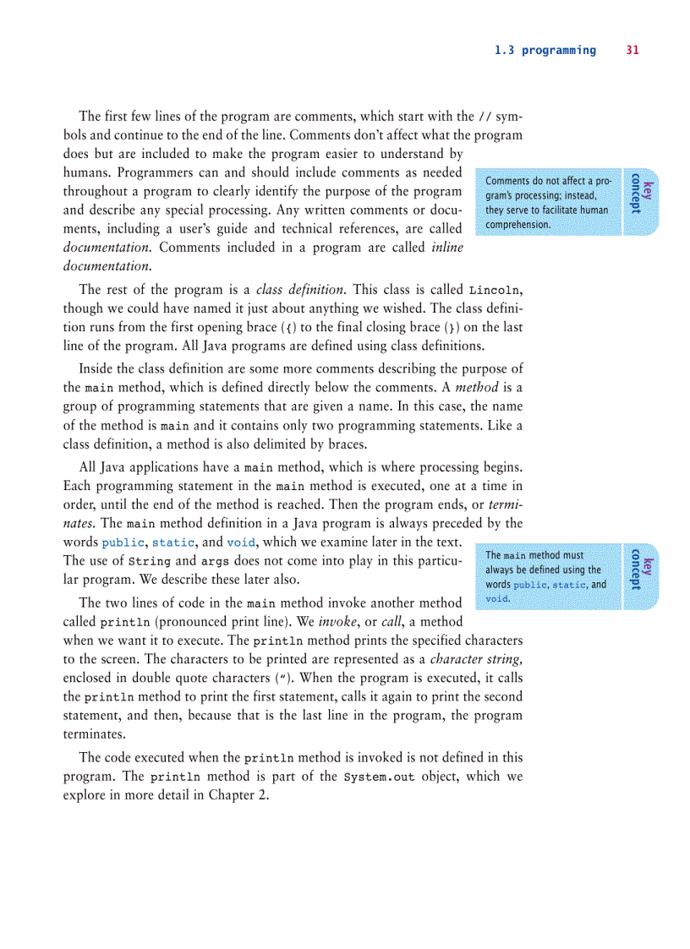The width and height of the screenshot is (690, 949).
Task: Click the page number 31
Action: (x=632, y=51)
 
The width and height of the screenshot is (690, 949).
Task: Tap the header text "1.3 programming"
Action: (x=545, y=51)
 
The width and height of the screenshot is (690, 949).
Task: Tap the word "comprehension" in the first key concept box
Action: (x=518, y=225)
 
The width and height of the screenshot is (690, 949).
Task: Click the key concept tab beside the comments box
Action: (x=641, y=193)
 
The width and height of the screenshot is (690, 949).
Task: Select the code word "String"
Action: (x=150, y=561)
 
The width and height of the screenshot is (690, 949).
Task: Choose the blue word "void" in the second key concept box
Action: (x=497, y=599)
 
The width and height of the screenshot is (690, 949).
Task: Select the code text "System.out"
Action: (x=380, y=777)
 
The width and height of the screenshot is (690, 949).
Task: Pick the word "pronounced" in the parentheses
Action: (x=151, y=622)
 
